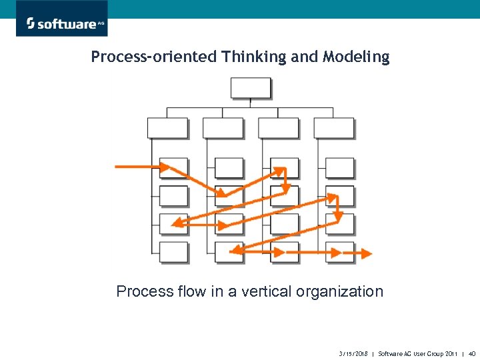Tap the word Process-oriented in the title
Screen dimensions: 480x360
pyautogui.click(x=154, y=57)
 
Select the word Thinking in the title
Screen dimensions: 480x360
pyautogui.click(x=254, y=57)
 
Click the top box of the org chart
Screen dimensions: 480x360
pyautogui.click(x=251, y=88)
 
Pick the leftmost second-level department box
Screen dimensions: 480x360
pyautogui.click(x=167, y=128)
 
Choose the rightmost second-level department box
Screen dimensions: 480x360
pyautogui.click(x=333, y=128)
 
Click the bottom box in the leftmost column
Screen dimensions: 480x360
pyautogui.click(x=174, y=252)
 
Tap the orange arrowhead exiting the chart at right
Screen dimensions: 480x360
pyautogui.click(x=368, y=253)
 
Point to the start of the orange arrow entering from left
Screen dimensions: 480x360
pyautogui.click(x=118, y=166)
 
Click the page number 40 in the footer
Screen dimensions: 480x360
pyautogui.click(x=471, y=353)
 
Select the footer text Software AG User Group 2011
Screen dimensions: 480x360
pyautogui.click(x=417, y=353)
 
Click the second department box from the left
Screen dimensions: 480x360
pyautogui.click(x=223, y=128)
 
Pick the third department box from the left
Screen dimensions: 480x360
pyautogui.click(x=278, y=128)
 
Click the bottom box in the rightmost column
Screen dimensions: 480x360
pyautogui.click(x=340, y=252)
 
